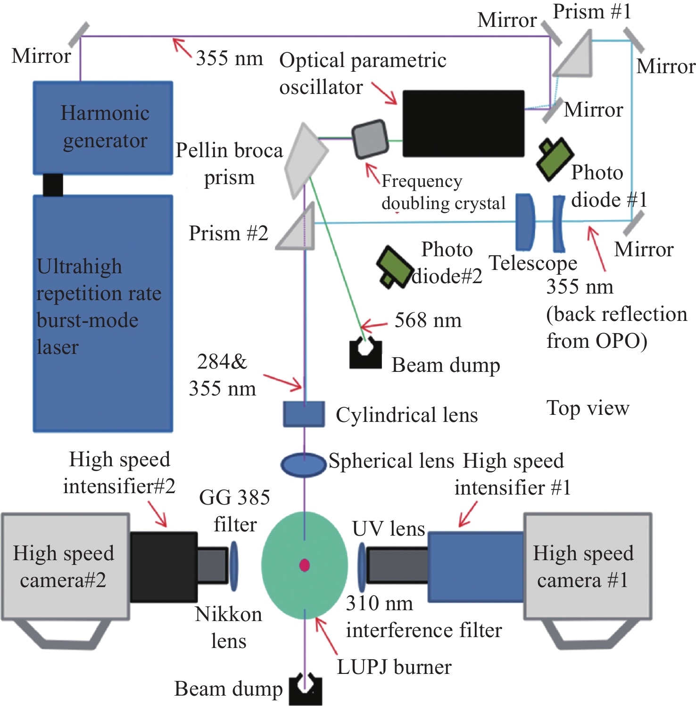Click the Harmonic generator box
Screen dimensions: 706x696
tap(103, 127)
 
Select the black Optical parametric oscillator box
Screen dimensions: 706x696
tap(463, 123)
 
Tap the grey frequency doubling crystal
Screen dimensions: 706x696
tap(371, 139)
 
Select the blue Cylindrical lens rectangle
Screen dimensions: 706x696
tap(304, 414)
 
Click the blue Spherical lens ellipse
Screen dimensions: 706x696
tap(304, 464)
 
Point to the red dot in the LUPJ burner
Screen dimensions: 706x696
tap(305, 565)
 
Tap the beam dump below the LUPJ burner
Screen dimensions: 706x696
tap(306, 690)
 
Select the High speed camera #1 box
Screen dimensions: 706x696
tap(588, 566)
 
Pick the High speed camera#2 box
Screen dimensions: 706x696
tap(65, 566)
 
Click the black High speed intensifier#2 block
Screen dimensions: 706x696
tap(163, 567)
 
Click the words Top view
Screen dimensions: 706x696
tap(588, 408)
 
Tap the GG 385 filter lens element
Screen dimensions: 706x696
tap(234, 566)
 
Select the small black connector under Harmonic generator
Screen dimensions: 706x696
tap(53, 185)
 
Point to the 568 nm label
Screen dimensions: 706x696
tap(428, 320)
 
